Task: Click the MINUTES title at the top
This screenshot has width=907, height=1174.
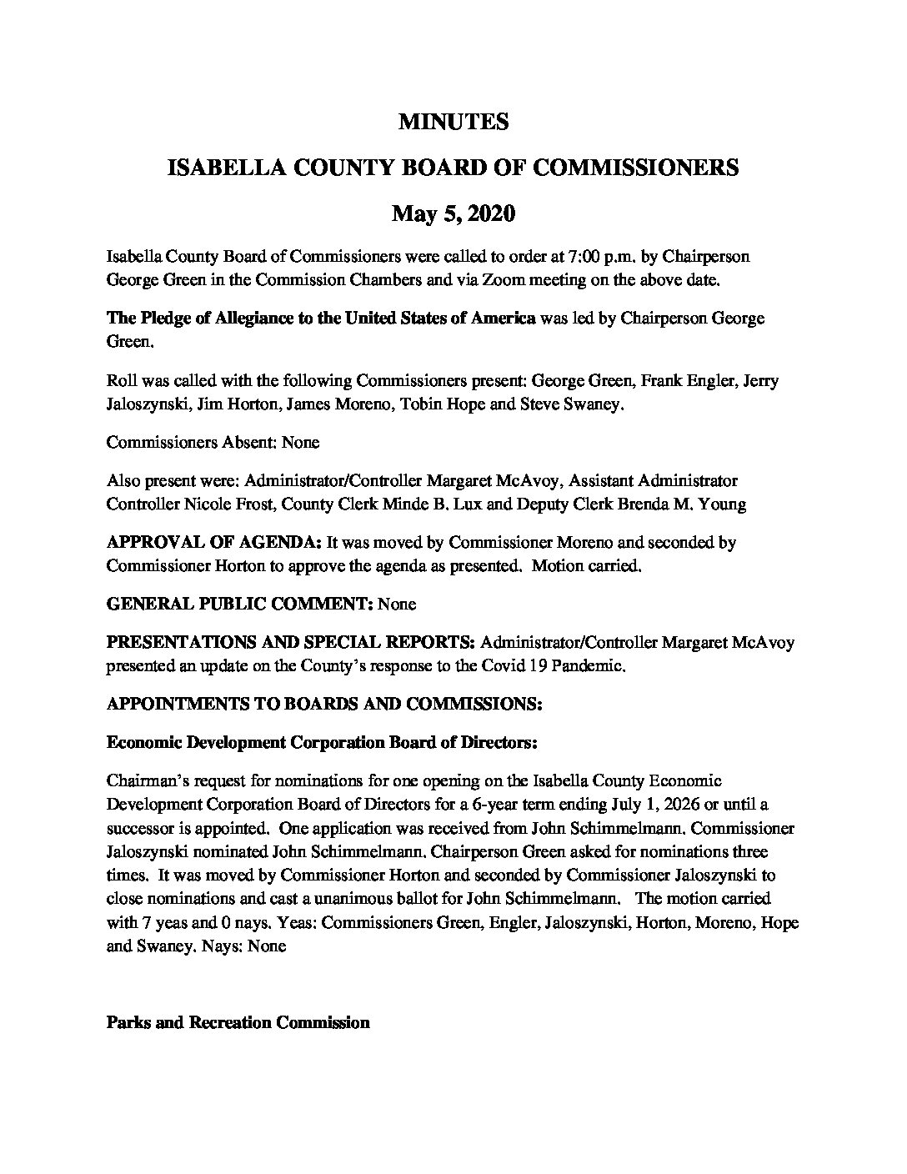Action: click(453, 123)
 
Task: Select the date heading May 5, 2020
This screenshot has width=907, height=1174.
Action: click(453, 214)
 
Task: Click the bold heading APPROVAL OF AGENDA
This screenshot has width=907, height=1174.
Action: click(214, 542)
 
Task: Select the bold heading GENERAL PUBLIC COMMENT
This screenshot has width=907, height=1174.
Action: click(240, 604)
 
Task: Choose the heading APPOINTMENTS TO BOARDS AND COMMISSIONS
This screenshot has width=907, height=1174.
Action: click(325, 704)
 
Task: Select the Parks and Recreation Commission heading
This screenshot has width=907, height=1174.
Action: click(238, 1022)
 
